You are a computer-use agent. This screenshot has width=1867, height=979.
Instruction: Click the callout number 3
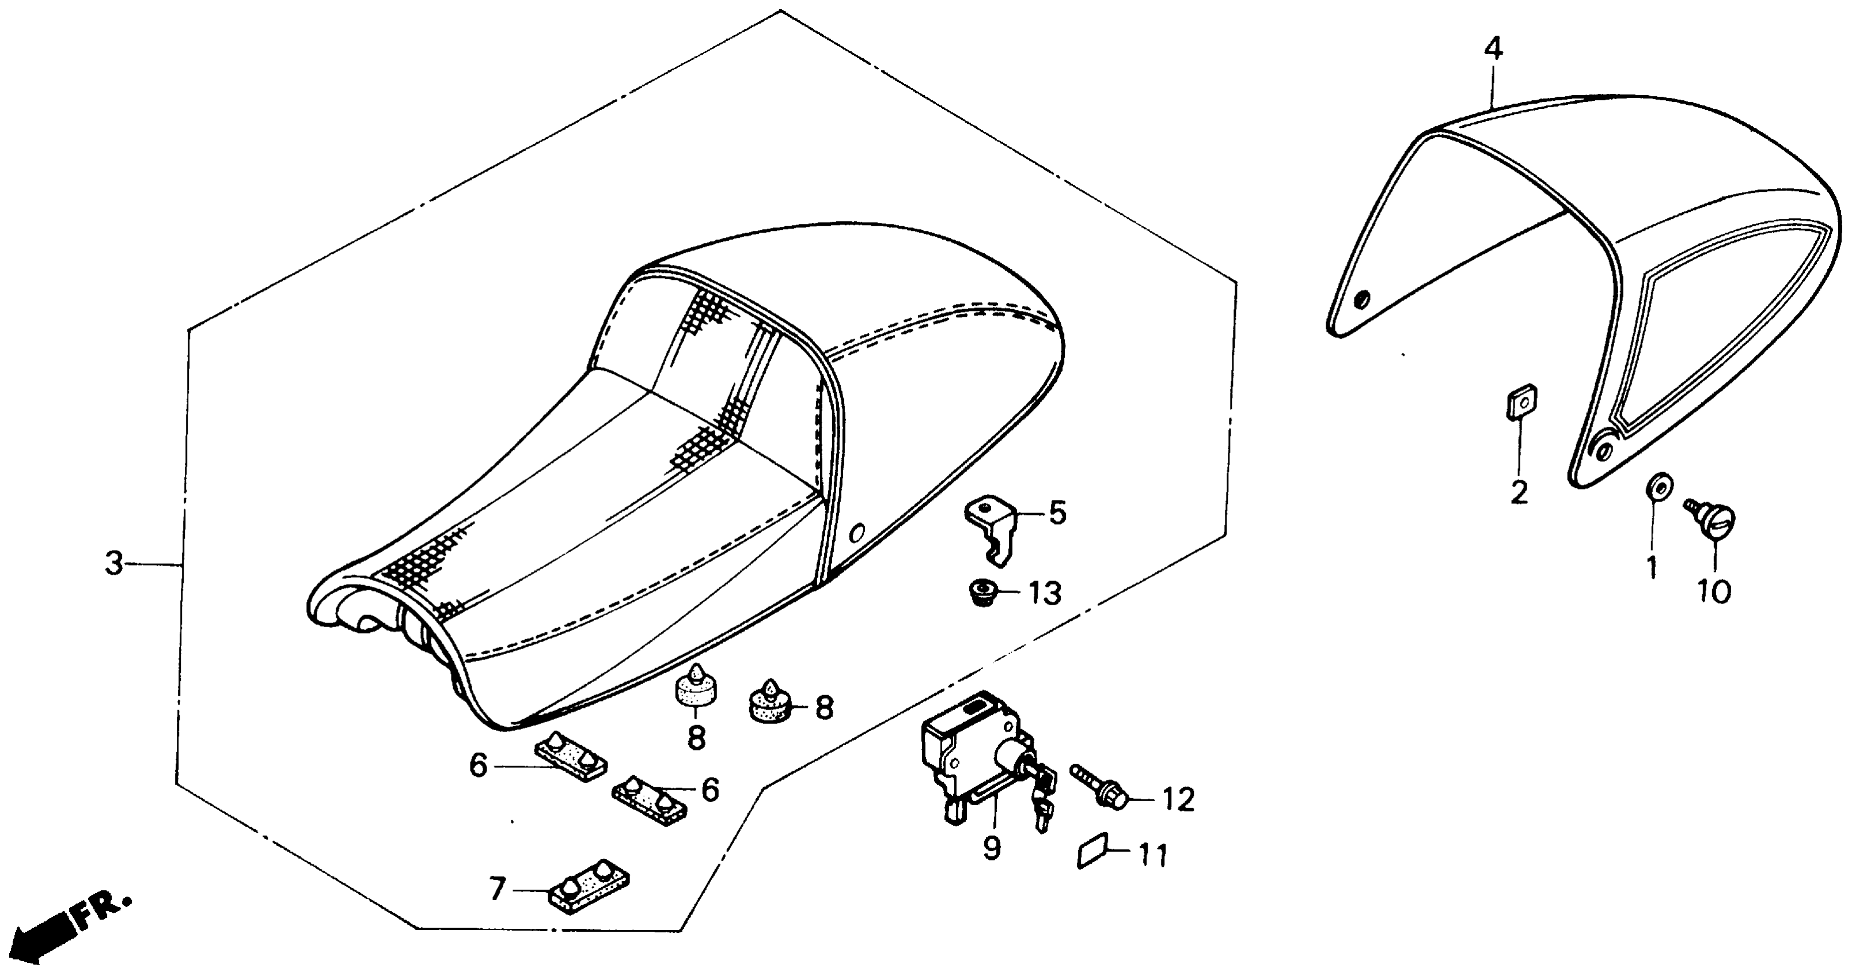point(114,563)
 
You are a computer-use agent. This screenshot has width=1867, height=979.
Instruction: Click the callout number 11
point(1152,856)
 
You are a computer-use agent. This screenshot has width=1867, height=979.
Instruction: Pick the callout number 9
point(992,848)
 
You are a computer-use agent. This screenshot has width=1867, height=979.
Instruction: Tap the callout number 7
point(496,890)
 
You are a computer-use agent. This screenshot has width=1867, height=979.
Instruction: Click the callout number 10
point(1714,591)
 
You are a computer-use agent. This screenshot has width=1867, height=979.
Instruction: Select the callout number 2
point(1519,493)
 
